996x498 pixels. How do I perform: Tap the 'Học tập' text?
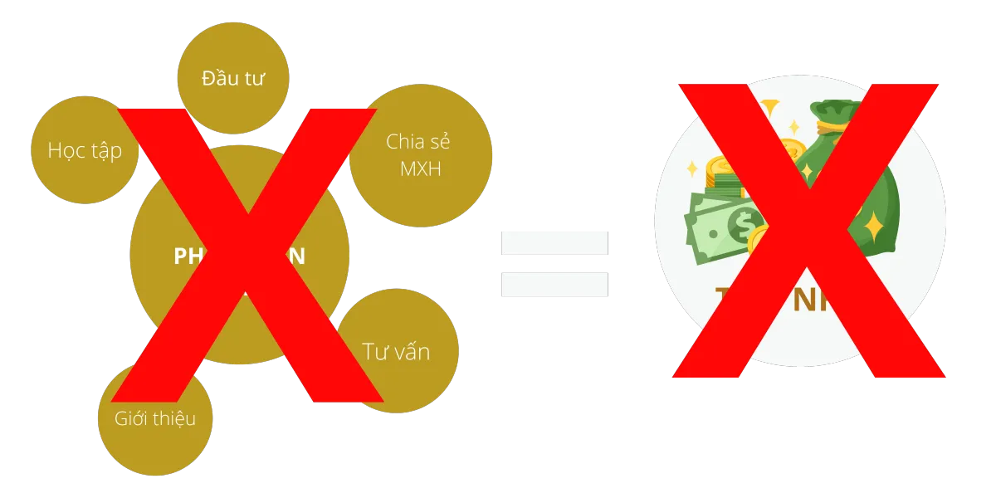[x=84, y=150]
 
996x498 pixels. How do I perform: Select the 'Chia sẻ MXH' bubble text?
[x=419, y=154]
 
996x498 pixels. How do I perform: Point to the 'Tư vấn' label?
[x=396, y=350]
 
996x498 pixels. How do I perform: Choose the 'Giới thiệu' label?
[x=155, y=417]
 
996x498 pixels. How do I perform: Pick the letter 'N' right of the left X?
[x=296, y=256]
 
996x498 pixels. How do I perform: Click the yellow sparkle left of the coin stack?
[x=691, y=169]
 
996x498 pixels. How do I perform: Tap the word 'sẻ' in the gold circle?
[x=441, y=140]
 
